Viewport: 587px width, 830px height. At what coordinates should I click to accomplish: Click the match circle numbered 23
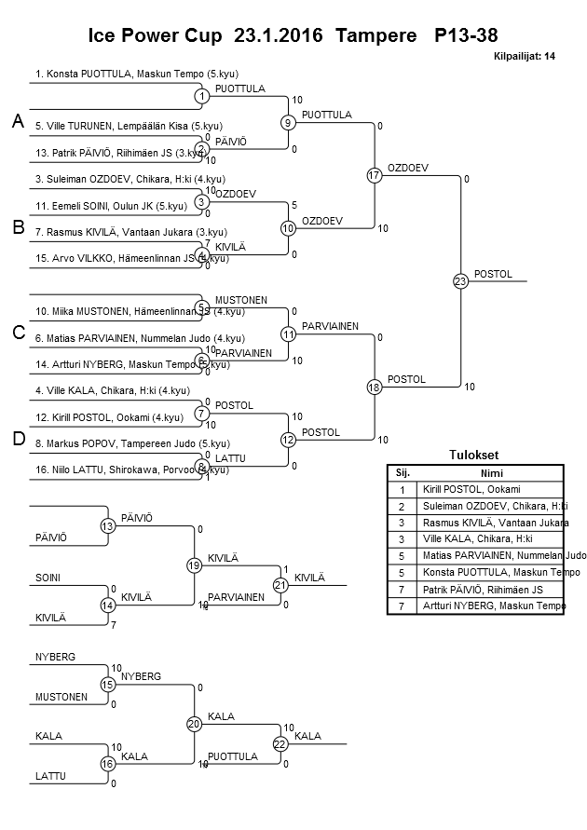(x=460, y=281)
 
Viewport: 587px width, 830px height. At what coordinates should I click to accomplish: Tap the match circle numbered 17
(x=375, y=175)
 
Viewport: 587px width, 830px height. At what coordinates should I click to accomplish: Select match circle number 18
(x=375, y=387)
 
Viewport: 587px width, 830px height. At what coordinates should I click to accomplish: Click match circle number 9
(x=289, y=122)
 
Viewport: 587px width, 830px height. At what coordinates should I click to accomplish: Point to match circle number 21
(x=280, y=585)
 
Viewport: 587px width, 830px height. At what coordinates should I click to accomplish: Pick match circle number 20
(x=194, y=724)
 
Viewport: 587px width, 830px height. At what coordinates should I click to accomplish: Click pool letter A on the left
(x=18, y=122)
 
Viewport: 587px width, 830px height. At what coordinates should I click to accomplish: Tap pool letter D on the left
(x=18, y=440)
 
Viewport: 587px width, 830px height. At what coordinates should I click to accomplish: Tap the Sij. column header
(x=403, y=472)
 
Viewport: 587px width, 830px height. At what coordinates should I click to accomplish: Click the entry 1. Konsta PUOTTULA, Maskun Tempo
(x=120, y=72)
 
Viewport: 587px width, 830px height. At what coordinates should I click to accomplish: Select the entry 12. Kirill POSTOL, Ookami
(x=109, y=416)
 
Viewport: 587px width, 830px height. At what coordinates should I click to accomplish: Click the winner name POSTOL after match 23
(x=493, y=274)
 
